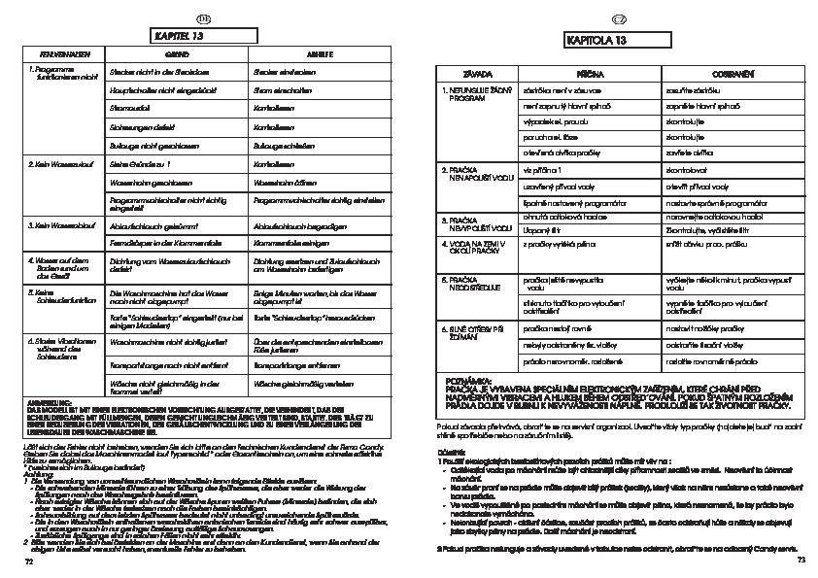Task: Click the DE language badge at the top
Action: pyautogui.click(x=203, y=18)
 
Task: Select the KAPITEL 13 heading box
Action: pyautogui.click(x=201, y=36)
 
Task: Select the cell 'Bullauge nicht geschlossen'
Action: pyautogui.click(x=151, y=144)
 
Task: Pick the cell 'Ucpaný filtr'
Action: pyautogui.click(x=541, y=229)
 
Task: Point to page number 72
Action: pyautogui.click(x=29, y=561)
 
